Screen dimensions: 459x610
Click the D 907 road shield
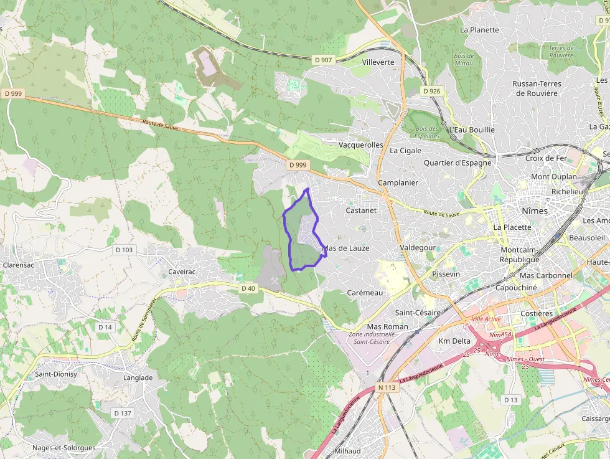[x=323, y=60]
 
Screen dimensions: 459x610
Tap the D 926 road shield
[x=431, y=91]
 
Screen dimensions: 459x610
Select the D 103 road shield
[x=124, y=250]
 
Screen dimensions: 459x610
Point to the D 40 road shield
[x=248, y=288]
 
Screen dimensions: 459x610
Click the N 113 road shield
[x=387, y=387]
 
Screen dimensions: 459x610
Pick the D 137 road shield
[x=123, y=413]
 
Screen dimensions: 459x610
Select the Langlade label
[x=138, y=377]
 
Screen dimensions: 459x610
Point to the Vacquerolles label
[x=360, y=144]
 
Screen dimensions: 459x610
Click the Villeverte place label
[x=378, y=62]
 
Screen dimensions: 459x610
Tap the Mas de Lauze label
[x=346, y=248]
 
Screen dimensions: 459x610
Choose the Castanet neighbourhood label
[x=361, y=211]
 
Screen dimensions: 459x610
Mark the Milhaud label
[x=347, y=451]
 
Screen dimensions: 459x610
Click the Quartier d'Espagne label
[x=457, y=163]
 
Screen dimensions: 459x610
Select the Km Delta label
[x=454, y=341]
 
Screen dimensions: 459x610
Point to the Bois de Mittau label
[x=464, y=59]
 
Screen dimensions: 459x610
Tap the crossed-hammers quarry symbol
[x=274, y=281]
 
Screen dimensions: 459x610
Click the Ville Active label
[x=486, y=319]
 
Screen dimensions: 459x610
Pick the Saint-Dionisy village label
[x=55, y=374]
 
